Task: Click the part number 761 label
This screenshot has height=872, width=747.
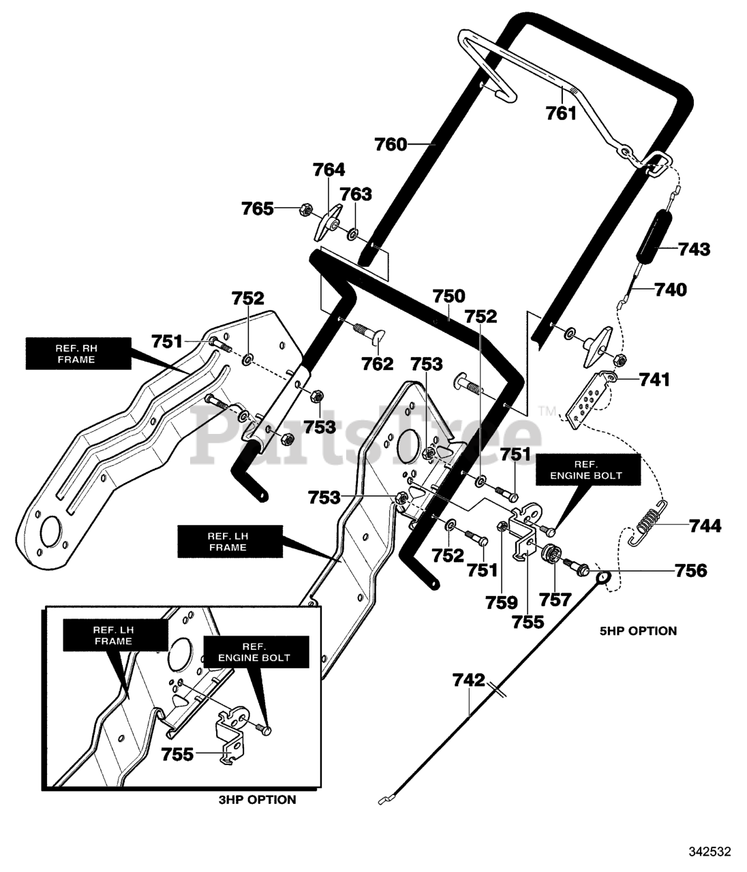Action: point(561,114)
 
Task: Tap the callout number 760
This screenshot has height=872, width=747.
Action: point(391,144)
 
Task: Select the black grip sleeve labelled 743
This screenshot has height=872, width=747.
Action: point(651,238)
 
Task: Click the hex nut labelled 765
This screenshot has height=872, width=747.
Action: point(303,209)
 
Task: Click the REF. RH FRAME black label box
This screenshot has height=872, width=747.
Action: point(78,354)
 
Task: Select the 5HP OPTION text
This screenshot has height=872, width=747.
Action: point(638,642)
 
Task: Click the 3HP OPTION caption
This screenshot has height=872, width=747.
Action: point(257,799)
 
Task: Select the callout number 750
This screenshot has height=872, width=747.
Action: point(448,296)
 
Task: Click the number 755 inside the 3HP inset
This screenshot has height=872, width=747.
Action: point(177,754)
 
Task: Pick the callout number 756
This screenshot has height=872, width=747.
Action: point(690,571)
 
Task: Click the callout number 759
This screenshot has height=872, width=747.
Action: point(502,602)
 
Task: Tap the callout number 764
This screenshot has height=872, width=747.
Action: point(329,170)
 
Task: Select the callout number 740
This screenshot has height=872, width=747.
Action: point(671,290)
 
